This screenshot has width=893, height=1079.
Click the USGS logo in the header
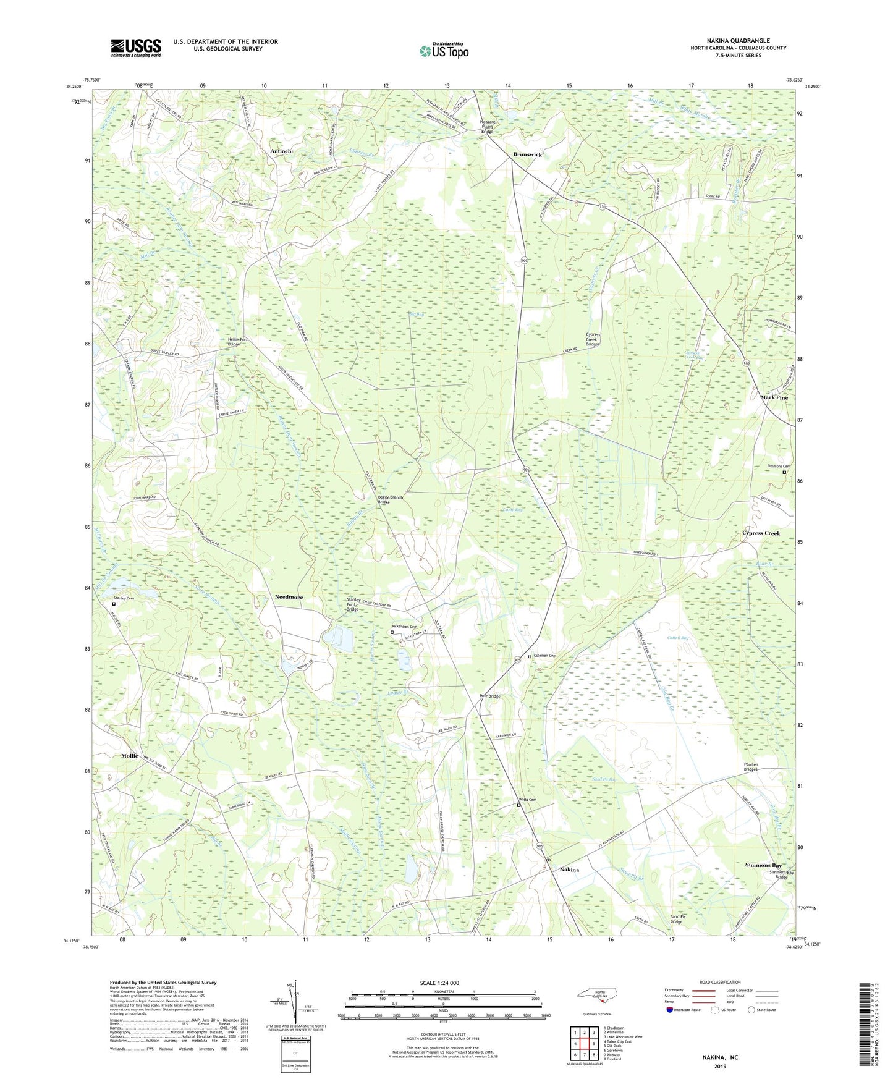[x=135, y=48]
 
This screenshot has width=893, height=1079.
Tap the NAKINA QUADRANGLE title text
[x=738, y=40]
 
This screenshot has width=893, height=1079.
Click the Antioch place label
[x=281, y=151]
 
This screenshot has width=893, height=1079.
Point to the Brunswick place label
[x=527, y=154]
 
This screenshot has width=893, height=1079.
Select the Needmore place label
[x=289, y=597]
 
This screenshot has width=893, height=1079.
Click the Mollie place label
[x=130, y=756]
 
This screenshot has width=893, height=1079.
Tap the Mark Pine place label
[x=774, y=397]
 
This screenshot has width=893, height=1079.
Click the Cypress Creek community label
[x=761, y=533]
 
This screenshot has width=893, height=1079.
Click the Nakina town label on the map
[x=569, y=870]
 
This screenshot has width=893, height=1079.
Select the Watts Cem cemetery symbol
[x=519, y=805]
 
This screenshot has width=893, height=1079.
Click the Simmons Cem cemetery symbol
[x=785, y=473]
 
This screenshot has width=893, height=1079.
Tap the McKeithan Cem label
[x=408, y=627]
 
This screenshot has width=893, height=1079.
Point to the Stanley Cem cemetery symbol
[x=113, y=604]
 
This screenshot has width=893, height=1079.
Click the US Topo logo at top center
[x=442, y=51]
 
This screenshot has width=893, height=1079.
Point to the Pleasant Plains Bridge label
[x=487, y=127]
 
